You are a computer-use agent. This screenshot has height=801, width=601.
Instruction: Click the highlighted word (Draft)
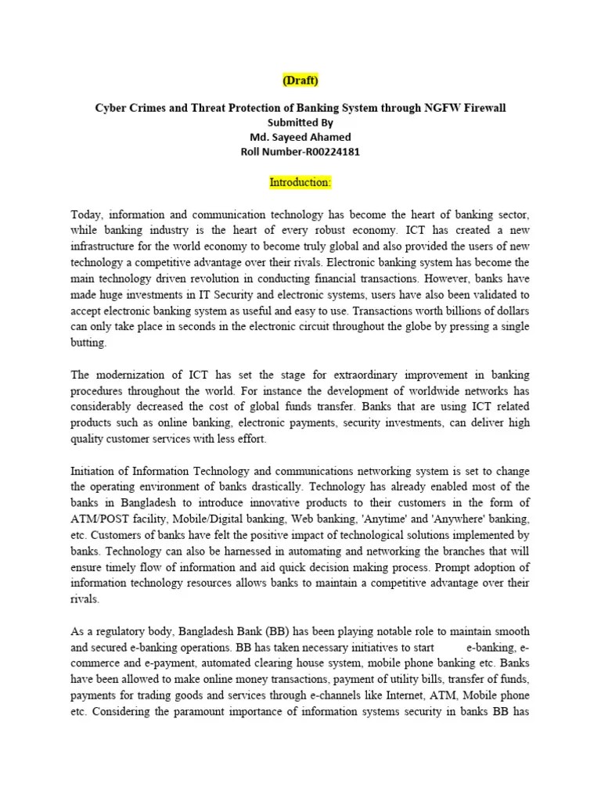pyautogui.click(x=300, y=80)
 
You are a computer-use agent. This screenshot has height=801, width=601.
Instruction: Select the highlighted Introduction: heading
pyautogui.click(x=300, y=182)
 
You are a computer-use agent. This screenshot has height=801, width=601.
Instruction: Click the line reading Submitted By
pyautogui.click(x=300, y=123)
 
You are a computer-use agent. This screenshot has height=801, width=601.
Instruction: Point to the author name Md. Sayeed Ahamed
pyautogui.click(x=300, y=137)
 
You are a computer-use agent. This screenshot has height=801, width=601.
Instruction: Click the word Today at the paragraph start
pyautogui.click(x=88, y=214)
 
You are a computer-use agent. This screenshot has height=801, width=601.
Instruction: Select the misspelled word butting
pyautogui.click(x=88, y=343)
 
